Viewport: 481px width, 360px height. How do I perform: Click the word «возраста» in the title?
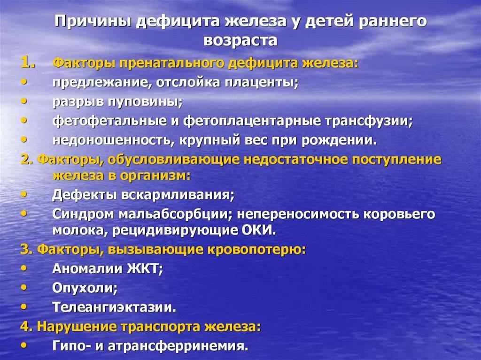[240, 41]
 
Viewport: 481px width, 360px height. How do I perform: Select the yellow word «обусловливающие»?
[173, 160]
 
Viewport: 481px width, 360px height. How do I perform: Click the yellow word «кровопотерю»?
[256, 250]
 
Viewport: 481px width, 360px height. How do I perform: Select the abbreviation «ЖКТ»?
[145, 269]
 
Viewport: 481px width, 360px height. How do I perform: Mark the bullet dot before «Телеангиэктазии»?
[24, 306]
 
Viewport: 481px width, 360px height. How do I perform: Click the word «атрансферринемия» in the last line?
[178, 346]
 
